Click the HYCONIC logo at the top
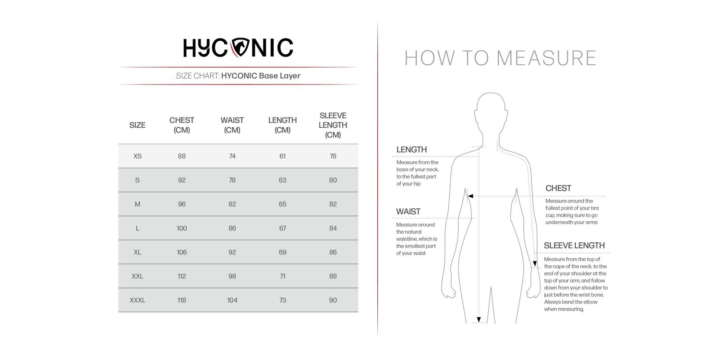[238, 48]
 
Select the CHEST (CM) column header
[182, 125]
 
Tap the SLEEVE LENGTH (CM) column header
[333, 125]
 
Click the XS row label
[137, 156]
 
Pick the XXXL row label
[137, 300]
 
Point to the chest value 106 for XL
[182, 252]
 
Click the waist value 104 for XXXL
[232, 300]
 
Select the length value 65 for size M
[283, 204]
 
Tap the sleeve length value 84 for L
[333, 228]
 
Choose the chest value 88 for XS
[182, 156]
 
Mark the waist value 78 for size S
[232, 180]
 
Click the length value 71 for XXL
[283, 276]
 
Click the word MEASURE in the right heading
[546, 58]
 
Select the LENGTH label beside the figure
[411, 150]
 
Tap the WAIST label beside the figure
[408, 212]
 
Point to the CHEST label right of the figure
[558, 188]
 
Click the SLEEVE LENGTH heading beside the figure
[574, 246]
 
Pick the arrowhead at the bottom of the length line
[479, 320]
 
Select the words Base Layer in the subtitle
[280, 76]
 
